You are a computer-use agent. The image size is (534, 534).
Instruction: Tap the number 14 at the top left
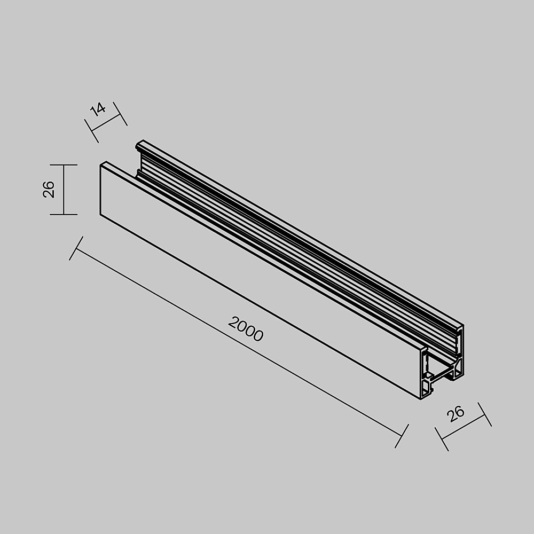[98, 109]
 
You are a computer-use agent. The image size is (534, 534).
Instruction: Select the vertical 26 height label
[49, 190]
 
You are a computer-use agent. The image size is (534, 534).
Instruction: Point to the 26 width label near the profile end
[457, 414]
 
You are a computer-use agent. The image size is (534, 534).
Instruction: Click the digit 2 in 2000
[233, 322]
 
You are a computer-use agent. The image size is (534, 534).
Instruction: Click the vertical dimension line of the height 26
[64, 190]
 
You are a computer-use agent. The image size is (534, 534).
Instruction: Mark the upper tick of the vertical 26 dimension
[64, 165]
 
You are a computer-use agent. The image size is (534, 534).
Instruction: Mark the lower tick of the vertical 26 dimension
[64, 214]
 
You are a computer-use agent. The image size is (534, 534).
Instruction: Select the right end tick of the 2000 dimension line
[402, 436]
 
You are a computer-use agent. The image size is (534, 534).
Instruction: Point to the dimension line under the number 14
[107, 122]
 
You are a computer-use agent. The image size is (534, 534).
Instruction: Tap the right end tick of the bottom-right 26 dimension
[484, 414]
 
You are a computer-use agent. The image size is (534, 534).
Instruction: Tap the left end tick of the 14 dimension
[92, 131]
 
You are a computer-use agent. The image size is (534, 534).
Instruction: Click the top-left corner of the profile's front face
[101, 164]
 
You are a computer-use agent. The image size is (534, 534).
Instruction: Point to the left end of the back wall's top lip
[139, 143]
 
